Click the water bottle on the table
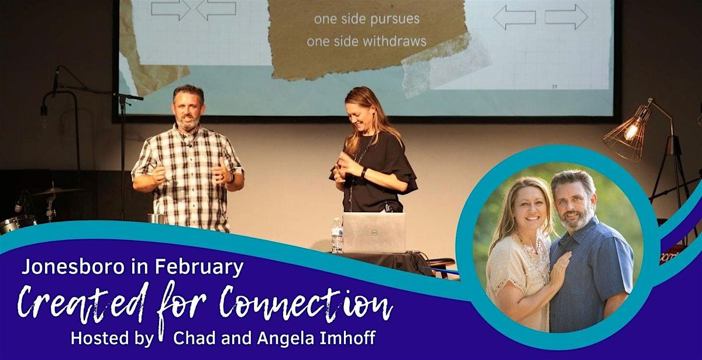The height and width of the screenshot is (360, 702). (x=337, y=235)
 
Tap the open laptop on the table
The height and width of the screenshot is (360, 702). (x=374, y=232)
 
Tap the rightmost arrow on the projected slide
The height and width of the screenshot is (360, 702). (x=566, y=16)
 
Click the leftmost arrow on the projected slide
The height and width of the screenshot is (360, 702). (x=170, y=8)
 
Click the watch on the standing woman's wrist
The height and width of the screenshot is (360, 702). (x=363, y=173)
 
